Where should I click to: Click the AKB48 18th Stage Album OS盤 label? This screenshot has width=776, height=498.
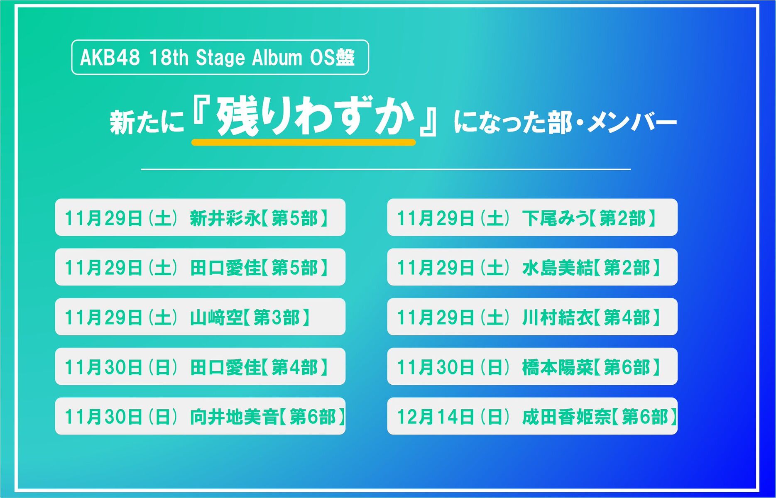click(220, 57)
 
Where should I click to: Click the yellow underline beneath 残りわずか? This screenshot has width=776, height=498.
click(304, 142)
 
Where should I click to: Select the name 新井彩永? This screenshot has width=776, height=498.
click(225, 218)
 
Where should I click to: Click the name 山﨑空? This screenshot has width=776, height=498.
click(216, 317)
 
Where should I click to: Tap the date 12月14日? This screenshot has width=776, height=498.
click(436, 417)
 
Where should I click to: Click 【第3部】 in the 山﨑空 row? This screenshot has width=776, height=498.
click(277, 317)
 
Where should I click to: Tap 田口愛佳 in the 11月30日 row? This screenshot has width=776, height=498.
click(225, 367)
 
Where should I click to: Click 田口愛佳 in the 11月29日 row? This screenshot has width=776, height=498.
click(225, 268)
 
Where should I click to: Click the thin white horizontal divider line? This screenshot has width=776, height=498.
click(386, 169)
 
